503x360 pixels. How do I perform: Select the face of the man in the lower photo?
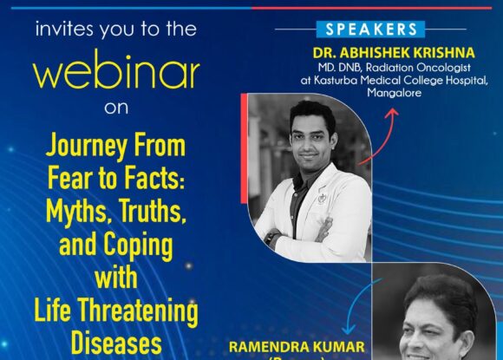443,331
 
